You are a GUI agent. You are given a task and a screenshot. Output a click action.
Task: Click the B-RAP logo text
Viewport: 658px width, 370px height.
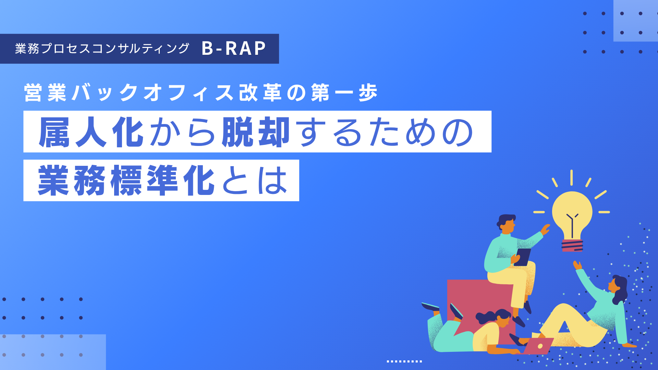click(234, 48)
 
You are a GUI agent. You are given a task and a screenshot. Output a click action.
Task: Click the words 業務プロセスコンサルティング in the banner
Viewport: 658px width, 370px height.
click(102, 49)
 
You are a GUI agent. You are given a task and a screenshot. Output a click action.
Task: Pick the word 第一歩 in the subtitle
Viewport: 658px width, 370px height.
click(344, 93)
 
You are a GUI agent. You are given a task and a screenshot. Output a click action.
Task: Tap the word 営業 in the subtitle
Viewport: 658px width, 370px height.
click(45, 93)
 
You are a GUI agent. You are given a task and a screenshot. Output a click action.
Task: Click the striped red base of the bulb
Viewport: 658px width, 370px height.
click(572, 246)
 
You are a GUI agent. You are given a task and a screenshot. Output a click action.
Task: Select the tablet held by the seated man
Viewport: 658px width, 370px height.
click(522, 257)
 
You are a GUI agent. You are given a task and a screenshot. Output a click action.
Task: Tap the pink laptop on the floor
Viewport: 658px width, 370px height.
click(538, 346)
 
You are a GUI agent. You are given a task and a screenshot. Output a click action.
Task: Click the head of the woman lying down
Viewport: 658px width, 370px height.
click(500, 318)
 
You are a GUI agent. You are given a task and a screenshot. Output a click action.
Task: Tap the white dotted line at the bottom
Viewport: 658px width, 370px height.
click(404, 361)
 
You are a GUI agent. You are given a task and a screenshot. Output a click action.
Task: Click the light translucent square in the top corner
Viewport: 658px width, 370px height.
click(636, 21)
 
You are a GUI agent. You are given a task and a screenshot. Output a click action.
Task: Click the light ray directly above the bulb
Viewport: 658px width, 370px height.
click(572, 177)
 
